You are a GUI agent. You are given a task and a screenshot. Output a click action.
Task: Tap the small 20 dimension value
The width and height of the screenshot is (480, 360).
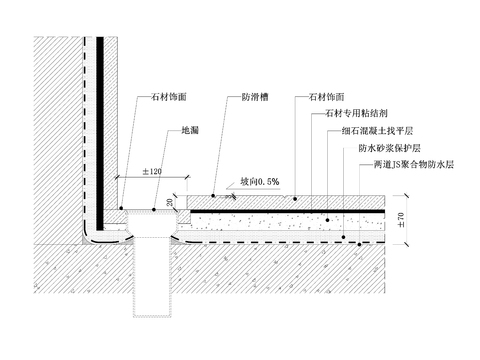tap(170, 201)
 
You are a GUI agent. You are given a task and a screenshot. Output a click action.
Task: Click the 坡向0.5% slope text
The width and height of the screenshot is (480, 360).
tap(259, 183)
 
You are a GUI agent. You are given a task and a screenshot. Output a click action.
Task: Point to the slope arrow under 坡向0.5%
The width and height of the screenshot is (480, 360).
tap(228, 195)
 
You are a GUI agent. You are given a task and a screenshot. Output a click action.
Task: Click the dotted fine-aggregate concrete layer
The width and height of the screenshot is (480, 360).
tap(290, 221)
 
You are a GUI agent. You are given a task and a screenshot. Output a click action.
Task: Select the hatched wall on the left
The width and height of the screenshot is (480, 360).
tap(55, 130)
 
